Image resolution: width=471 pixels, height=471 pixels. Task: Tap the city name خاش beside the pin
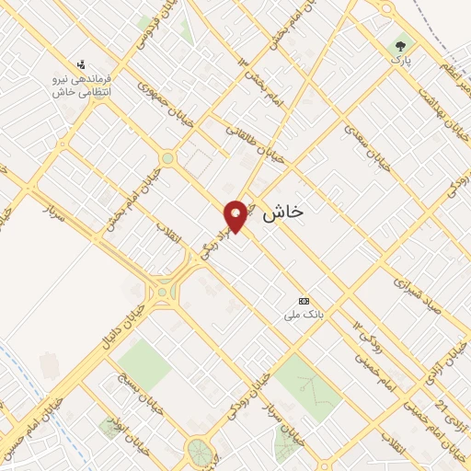point(282,213)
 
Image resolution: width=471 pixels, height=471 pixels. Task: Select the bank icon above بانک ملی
point(304,301)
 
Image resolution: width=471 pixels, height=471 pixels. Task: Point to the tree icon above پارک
point(399,44)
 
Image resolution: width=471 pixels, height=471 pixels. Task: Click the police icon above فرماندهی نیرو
point(82,64)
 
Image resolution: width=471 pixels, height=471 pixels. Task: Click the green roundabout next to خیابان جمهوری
point(167,158)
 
